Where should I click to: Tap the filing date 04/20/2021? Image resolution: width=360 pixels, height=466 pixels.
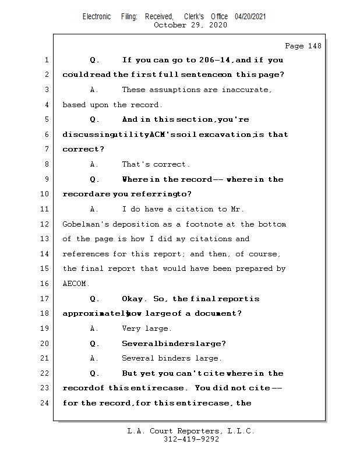(250, 17)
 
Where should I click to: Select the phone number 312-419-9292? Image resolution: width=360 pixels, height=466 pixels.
(191, 439)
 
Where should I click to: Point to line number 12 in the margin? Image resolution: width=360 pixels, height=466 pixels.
(46, 224)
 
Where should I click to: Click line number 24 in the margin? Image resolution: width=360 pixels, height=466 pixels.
(46, 403)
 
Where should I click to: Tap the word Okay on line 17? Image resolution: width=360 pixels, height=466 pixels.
(133, 299)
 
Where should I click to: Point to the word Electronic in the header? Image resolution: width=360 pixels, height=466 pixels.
(97, 17)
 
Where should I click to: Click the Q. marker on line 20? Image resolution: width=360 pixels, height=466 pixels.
(95, 344)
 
